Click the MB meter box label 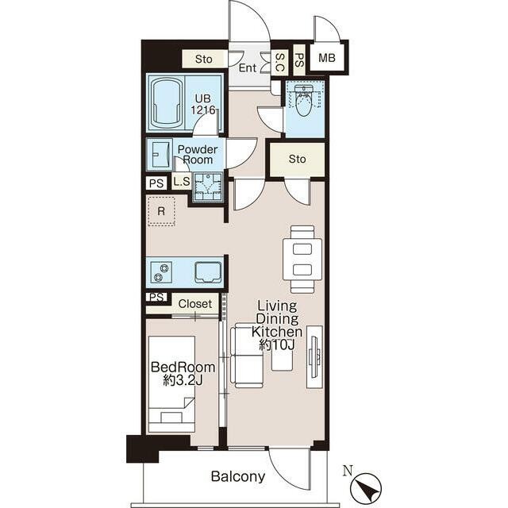click(x=326, y=58)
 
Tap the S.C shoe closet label click(x=279, y=62)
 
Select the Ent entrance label click(x=248, y=68)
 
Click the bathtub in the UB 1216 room click(x=167, y=102)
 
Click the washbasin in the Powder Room click(x=160, y=154)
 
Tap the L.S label click(x=182, y=182)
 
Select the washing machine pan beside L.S click(x=208, y=187)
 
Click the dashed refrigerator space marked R click(x=161, y=211)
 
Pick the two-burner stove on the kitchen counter click(x=162, y=271)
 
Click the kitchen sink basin click(x=208, y=271)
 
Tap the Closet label click(x=194, y=304)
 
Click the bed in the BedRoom click(x=171, y=384)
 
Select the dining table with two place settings click(x=302, y=260)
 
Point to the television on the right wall click(x=314, y=356)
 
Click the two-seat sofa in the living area click(x=246, y=356)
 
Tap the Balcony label click(x=238, y=476)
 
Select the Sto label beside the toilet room click(x=297, y=159)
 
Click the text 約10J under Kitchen click(x=277, y=345)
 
